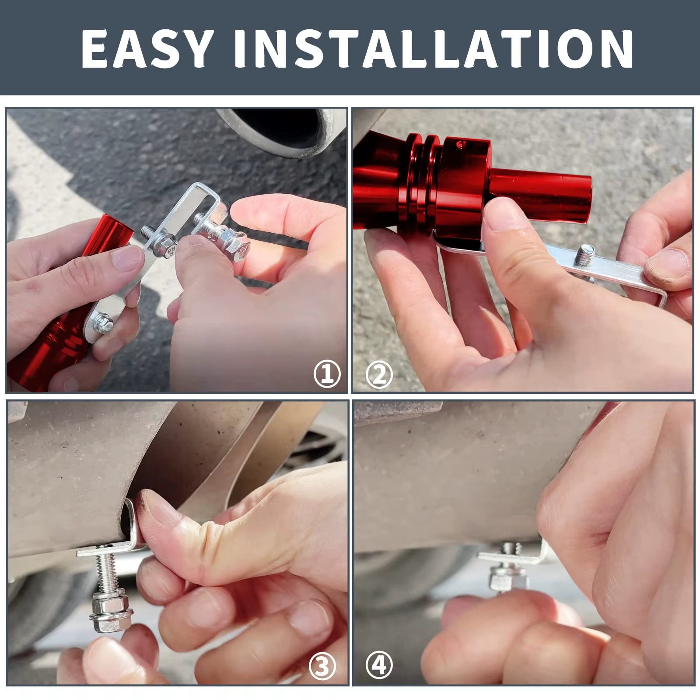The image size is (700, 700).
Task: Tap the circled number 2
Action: [x=379, y=374]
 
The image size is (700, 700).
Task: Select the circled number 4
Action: [x=379, y=666]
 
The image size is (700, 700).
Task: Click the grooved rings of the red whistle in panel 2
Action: [x=422, y=175]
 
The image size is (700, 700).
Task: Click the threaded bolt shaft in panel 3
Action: [x=105, y=573]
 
